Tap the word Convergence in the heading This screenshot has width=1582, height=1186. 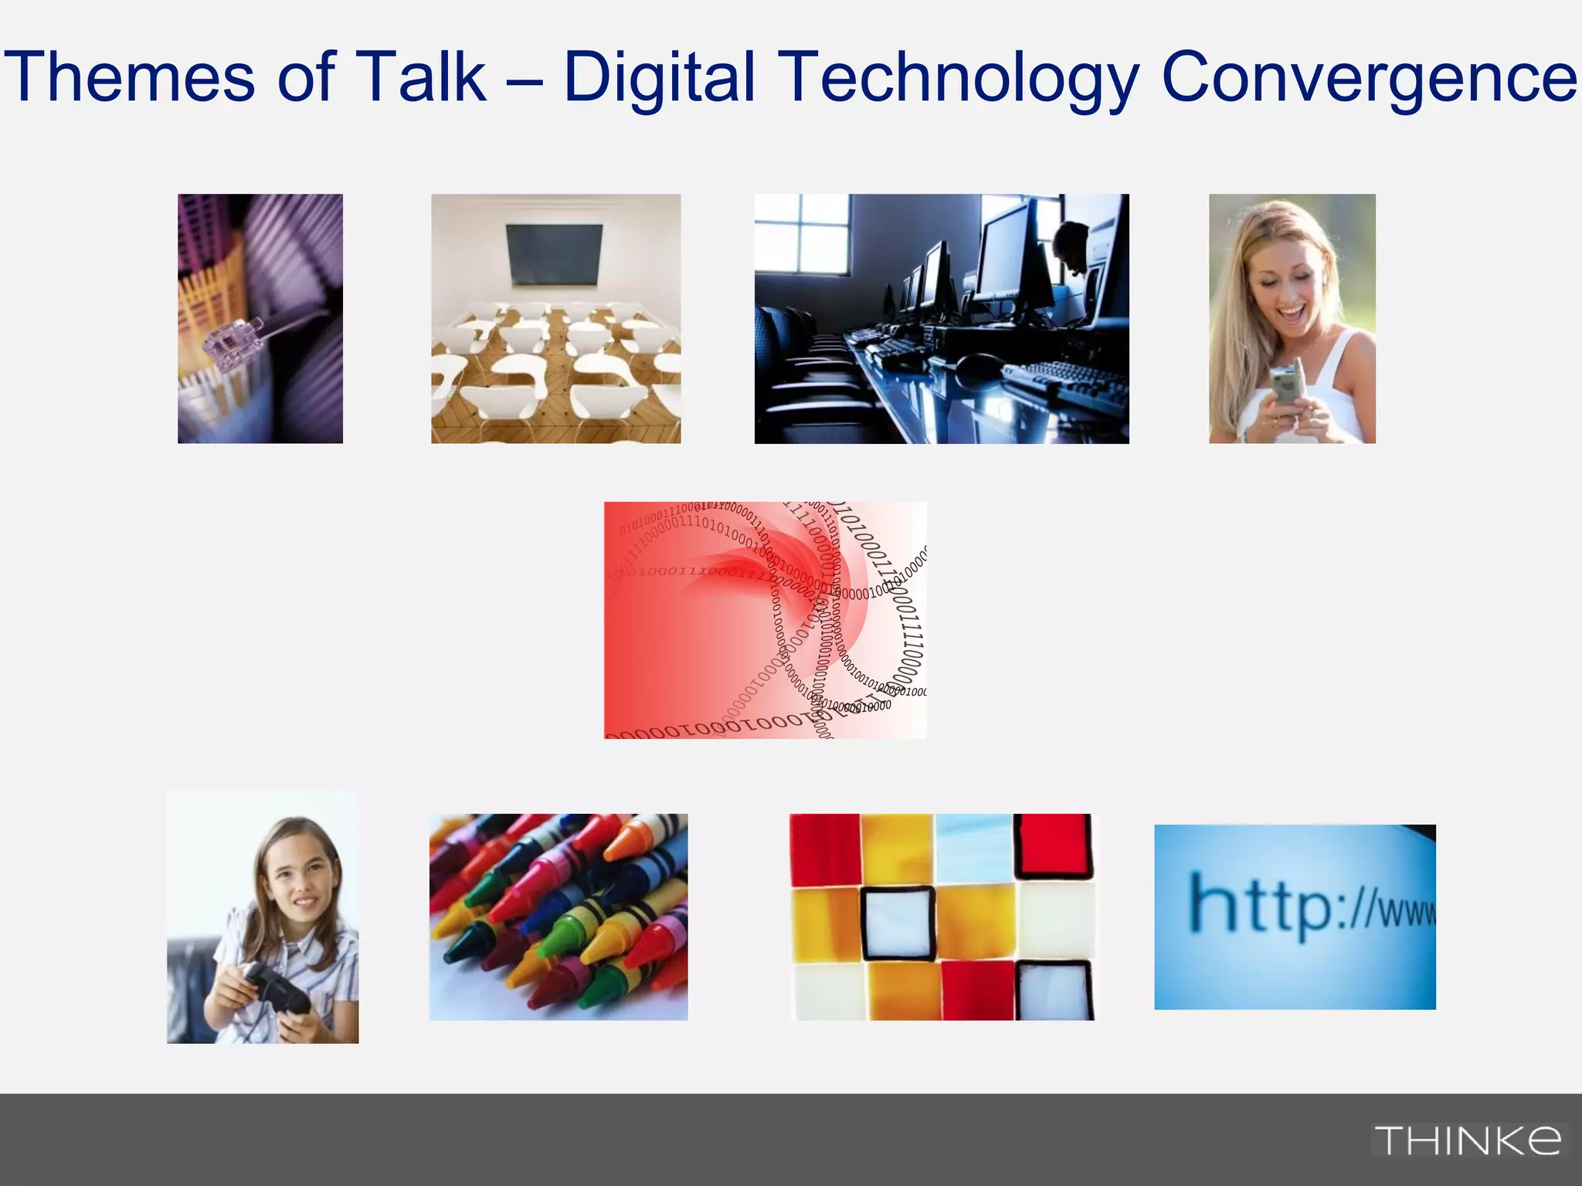point(1369,77)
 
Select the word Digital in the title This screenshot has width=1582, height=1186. point(659,77)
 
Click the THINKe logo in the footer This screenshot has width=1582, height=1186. point(1467,1140)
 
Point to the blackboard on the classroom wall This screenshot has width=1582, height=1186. point(555,255)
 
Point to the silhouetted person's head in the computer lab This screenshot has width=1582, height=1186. point(1072,243)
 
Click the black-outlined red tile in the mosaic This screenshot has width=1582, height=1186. point(1052,845)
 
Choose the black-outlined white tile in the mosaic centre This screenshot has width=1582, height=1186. point(898,923)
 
